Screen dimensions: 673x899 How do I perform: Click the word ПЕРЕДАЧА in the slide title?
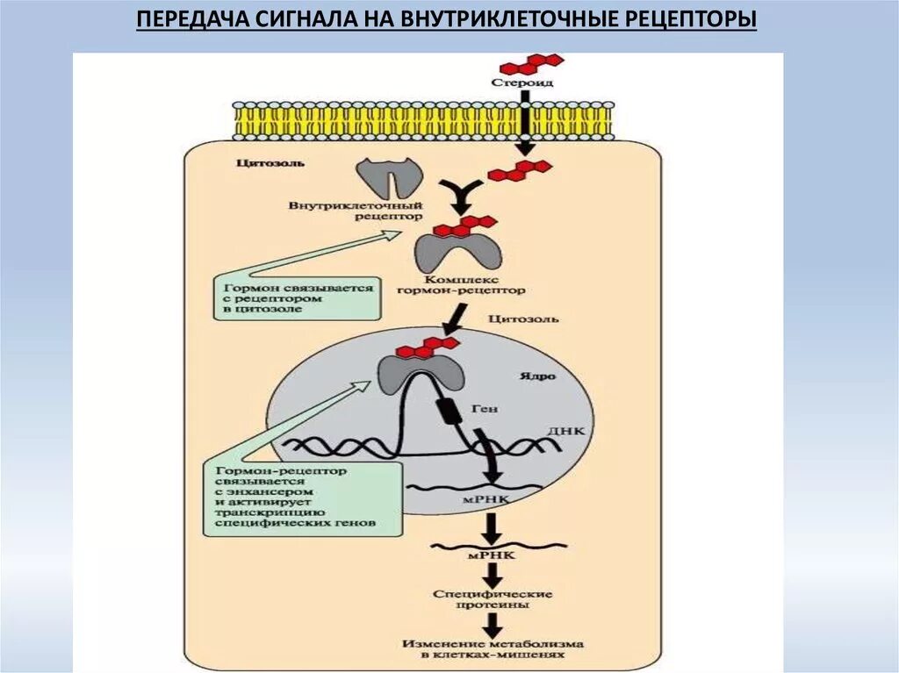point(184,20)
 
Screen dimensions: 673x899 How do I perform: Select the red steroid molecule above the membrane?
point(530,63)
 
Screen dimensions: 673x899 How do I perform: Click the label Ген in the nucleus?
point(485,408)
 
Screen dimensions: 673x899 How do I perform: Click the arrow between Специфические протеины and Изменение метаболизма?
point(493,623)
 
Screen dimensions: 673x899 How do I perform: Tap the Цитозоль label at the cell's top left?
point(259,163)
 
